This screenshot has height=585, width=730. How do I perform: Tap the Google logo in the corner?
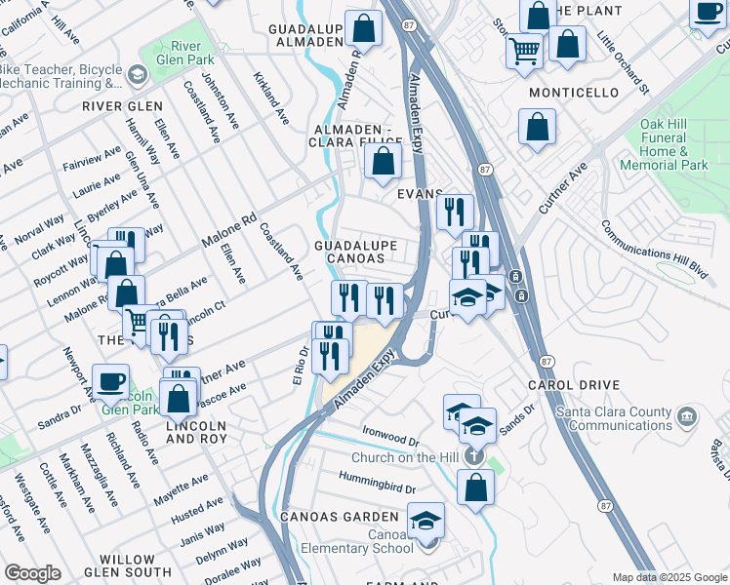coord(32,573)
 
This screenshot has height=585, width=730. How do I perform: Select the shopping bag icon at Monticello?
coord(537,128)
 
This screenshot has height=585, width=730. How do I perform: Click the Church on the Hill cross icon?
coord(473,456)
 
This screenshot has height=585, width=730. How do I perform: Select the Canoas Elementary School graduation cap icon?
coord(426,520)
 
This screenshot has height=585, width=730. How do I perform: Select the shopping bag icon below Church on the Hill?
coord(475,490)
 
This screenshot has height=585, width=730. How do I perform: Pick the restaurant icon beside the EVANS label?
coord(455,213)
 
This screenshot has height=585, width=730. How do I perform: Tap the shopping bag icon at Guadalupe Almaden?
coord(364,29)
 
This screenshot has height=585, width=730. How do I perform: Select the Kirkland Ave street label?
coord(270,97)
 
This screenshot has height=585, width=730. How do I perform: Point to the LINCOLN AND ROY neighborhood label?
coord(196,433)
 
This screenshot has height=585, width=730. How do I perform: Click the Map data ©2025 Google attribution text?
coord(669,577)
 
